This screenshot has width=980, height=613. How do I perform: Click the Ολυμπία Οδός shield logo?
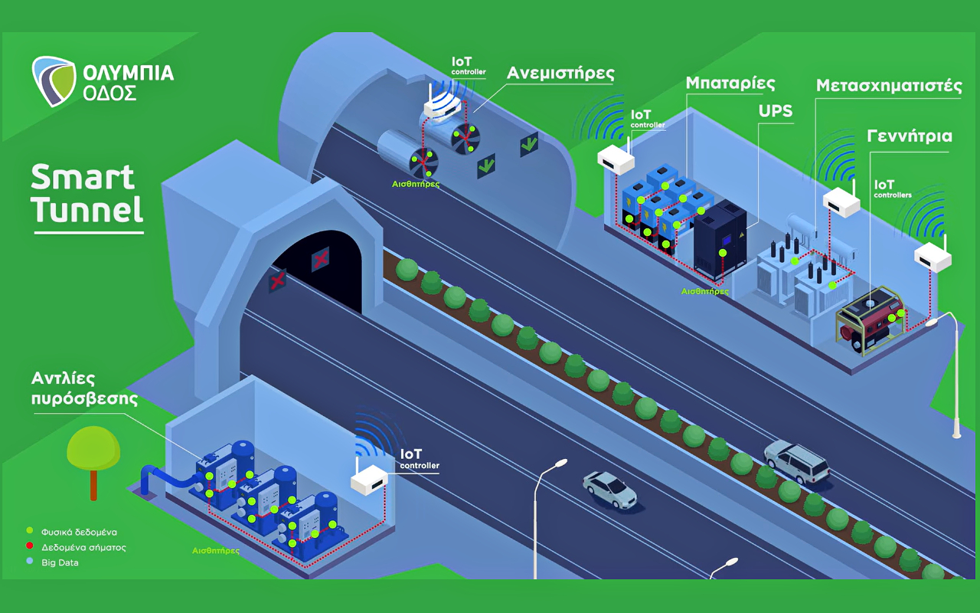pos(54,81)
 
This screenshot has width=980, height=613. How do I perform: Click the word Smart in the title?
pos(83,177)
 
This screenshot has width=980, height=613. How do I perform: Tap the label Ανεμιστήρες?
pos(560,73)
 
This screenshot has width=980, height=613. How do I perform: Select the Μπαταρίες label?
pos(730,84)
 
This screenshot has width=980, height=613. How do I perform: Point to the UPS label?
pos(776,111)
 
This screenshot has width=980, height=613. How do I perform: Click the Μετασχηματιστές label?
pos(889,85)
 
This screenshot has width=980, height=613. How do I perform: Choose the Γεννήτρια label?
pos(910,136)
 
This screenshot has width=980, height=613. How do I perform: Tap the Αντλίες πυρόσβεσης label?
pos(84,388)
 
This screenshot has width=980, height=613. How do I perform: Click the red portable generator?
pos(871,320)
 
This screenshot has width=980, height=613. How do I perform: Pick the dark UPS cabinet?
pos(720,240)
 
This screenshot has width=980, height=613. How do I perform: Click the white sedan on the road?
pos(610,490)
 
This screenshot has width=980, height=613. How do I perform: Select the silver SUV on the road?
pos(797,462)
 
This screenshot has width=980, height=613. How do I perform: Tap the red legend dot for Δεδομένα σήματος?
pos(30,546)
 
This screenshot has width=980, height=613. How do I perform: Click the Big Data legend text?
pos(60,562)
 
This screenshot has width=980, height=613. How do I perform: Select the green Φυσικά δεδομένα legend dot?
pos(30,530)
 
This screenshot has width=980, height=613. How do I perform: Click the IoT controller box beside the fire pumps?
pos(370,480)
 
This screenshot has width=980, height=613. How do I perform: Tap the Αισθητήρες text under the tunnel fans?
pos(416,185)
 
